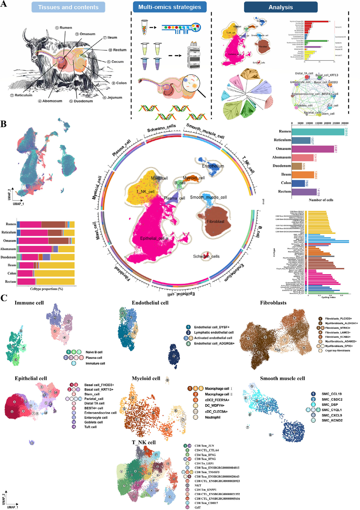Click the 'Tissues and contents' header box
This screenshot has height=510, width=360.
(68, 7)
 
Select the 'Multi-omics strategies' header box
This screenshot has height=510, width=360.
(170, 7)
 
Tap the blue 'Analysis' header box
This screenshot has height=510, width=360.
(281, 7)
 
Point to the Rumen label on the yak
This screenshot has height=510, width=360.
(65, 28)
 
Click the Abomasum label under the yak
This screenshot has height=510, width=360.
(52, 101)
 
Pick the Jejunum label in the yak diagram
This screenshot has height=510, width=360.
(114, 98)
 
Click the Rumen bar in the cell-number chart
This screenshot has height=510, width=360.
(318, 132)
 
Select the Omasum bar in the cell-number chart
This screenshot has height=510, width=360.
(313, 149)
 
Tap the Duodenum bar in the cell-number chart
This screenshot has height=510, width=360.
(297, 166)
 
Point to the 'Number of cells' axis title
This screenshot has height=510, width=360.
(321, 200)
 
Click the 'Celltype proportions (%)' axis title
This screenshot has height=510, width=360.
(46, 289)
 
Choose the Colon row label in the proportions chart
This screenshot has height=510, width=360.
(12, 273)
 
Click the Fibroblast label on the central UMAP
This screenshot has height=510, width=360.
(216, 222)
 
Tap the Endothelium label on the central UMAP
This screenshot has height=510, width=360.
(213, 166)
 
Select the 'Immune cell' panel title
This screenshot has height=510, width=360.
(29, 303)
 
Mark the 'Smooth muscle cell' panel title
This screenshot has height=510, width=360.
(282, 378)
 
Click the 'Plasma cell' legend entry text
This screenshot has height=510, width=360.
(94, 358)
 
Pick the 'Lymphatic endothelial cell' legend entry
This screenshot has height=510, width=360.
(214, 332)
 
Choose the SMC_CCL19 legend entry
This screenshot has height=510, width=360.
(331, 394)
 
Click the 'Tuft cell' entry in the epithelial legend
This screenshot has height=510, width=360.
(90, 427)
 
